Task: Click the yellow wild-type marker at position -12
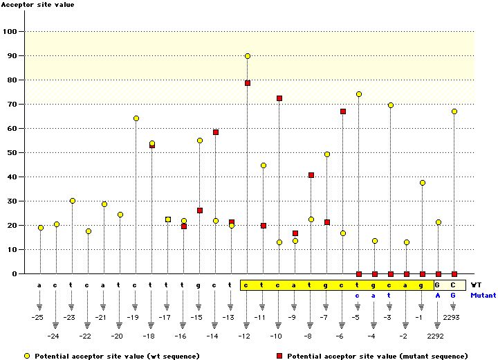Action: tap(247, 56)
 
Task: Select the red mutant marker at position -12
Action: tap(247, 83)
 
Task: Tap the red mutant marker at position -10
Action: tap(279, 98)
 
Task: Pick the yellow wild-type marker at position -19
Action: tap(136, 118)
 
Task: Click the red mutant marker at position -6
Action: tap(342, 111)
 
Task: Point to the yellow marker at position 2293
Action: tap(454, 111)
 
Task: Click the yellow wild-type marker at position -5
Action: tap(358, 94)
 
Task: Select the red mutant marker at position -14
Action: tap(216, 132)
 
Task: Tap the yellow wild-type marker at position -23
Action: tap(73, 201)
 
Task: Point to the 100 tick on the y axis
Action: tap(12, 32)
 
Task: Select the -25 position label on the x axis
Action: tap(41, 317)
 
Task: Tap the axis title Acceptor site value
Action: tap(37, 5)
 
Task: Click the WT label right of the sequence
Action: tap(476, 285)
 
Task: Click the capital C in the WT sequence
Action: tap(454, 285)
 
